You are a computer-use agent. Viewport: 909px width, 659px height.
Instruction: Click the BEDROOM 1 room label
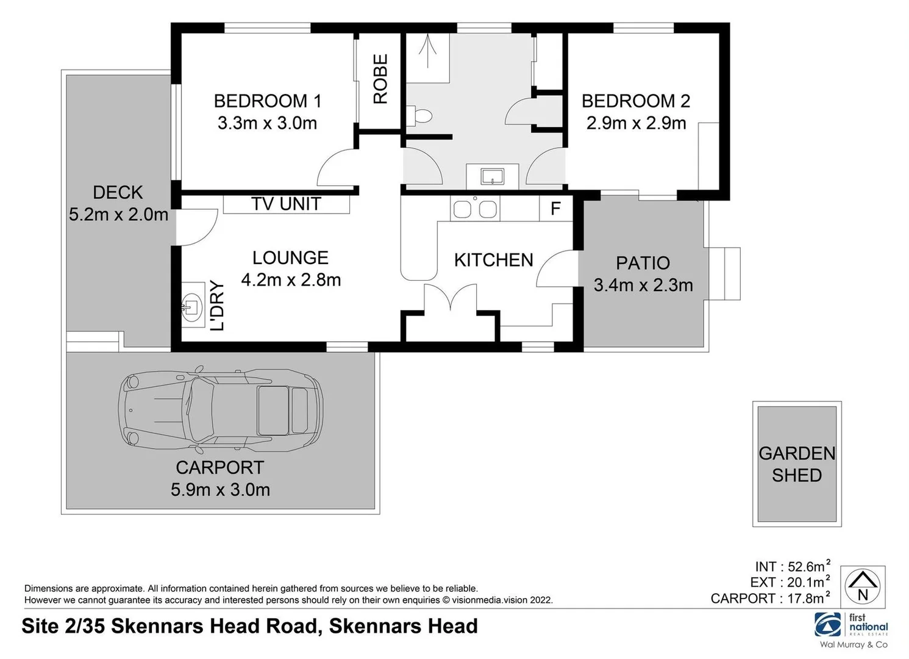[x=267, y=101]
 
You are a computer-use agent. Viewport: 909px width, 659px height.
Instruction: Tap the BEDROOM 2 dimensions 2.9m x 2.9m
[x=636, y=123]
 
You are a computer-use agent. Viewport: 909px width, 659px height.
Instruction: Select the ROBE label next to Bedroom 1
[x=380, y=79]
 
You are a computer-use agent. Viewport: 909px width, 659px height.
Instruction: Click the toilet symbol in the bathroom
[x=420, y=115]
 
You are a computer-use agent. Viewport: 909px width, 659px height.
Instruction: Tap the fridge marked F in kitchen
[x=555, y=209]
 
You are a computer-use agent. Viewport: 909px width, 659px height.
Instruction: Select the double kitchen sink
[x=475, y=209]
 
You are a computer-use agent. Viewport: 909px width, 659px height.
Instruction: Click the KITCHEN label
[x=493, y=261]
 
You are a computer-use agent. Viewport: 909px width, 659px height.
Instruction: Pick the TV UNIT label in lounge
[x=286, y=204]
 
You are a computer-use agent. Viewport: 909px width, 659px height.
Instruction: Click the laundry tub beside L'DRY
[x=192, y=304]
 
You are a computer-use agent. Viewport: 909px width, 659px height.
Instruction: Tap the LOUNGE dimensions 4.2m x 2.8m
[x=291, y=280]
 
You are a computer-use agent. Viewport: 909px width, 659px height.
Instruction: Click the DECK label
[x=118, y=193]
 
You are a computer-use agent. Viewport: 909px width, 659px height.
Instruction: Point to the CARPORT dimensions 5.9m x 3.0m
[x=220, y=490]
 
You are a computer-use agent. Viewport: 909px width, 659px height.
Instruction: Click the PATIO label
[x=643, y=263]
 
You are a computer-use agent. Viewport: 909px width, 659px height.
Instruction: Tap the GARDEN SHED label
[x=796, y=464]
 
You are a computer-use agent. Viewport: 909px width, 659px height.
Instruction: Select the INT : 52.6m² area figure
[x=792, y=566]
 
